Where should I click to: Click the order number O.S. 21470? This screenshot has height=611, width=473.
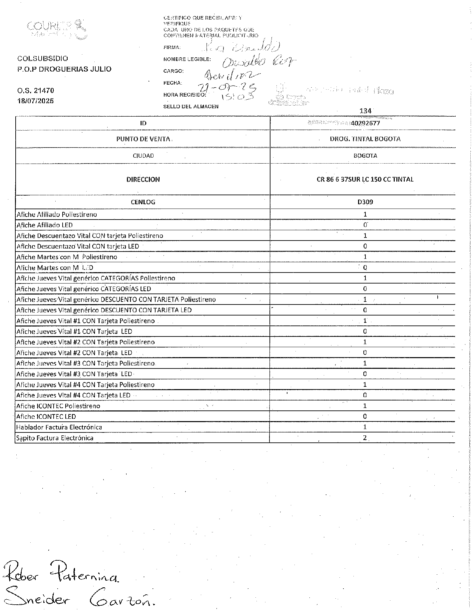pyautogui.click(x=36, y=91)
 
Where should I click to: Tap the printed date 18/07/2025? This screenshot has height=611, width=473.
pyautogui.click(x=36, y=101)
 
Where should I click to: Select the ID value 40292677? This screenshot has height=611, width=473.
pyautogui.click(x=365, y=123)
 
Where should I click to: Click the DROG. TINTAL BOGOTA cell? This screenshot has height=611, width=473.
pyautogui.click(x=365, y=139)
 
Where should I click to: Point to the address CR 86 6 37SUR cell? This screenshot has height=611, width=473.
pyautogui.click(x=365, y=180)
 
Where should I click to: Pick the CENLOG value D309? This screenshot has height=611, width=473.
pyautogui.click(x=365, y=202)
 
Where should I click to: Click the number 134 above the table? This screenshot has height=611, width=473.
pyautogui.click(x=365, y=111)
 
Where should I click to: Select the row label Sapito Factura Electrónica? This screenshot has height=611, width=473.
pyautogui.click(x=55, y=438)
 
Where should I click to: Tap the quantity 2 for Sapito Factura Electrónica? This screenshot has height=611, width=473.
pyautogui.click(x=365, y=438)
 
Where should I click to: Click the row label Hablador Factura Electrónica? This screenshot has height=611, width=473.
pyautogui.click(x=59, y=427)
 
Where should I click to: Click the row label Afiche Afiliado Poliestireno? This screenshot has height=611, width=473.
pyautogui.click(x=57, y=215)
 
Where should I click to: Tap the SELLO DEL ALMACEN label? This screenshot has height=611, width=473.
pyautogui.click(x=191, y=107)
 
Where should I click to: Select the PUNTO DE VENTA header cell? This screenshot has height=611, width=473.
pyautogui.click(x=143, y=139)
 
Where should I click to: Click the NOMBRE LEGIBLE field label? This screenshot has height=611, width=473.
pyautogui.click(x=187, y=59)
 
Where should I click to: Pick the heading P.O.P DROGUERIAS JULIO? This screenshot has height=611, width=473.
pyautogui.click(x=64, y=69)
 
